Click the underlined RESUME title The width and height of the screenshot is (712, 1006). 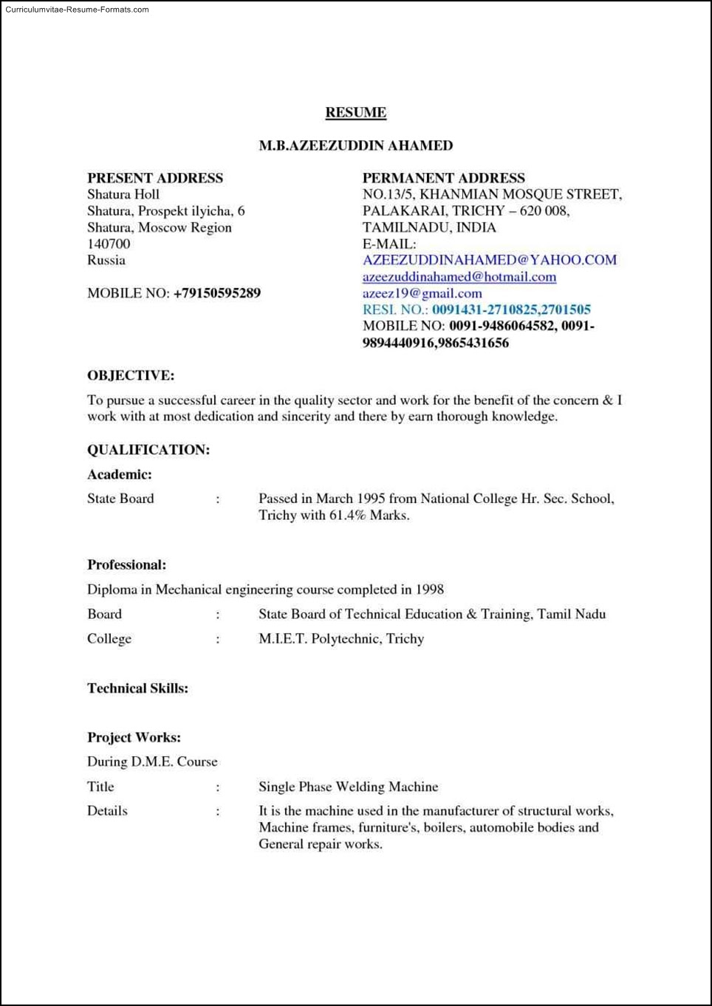pyautogui.click(x=355, y=112)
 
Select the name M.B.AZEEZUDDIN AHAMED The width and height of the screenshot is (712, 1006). pyautogui.click(x=355, y=146)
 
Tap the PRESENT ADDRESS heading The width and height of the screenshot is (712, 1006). pyautogui.click(x=155, y=178)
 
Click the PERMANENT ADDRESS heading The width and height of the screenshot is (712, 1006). pyautogui.click(x=443, y=178)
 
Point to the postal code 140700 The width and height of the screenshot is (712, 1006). pyautogui.click(x=109, y=244)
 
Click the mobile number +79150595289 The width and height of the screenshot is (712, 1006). pyautogui.click(x=217, y=293)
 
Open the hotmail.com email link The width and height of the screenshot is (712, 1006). pyautogui.click(x=459, y=277)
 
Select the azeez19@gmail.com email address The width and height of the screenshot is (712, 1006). pyautogui.click(x=422, y=293)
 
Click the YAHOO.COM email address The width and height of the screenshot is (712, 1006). pyautogui.click(x=489, y=260)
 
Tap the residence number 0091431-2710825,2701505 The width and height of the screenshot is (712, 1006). pyautogui.click(x=511, y=309)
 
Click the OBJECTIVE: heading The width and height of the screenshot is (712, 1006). pyautogui.click(x=131, y=375)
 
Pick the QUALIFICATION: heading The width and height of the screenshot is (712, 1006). pyautogui.click(x=148, y=450)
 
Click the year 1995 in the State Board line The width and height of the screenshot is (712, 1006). pyautogui.click(x=371, y=499)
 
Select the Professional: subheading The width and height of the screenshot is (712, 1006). pyautogui.click(x=126, y=565)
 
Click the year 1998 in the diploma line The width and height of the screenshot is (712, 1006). pyautogui.click(x=429, y=589)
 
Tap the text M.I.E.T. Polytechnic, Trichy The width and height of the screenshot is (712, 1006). pyautogui.click(x=341, y=639)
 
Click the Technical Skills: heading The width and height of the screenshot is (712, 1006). pyautogui.click(x=137, y=688)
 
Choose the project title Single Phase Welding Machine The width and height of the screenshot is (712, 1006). pyautogui.click(x=348, y=787)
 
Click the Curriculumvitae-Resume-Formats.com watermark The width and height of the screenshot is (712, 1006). pyautogui.click(x=77, y=10)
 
